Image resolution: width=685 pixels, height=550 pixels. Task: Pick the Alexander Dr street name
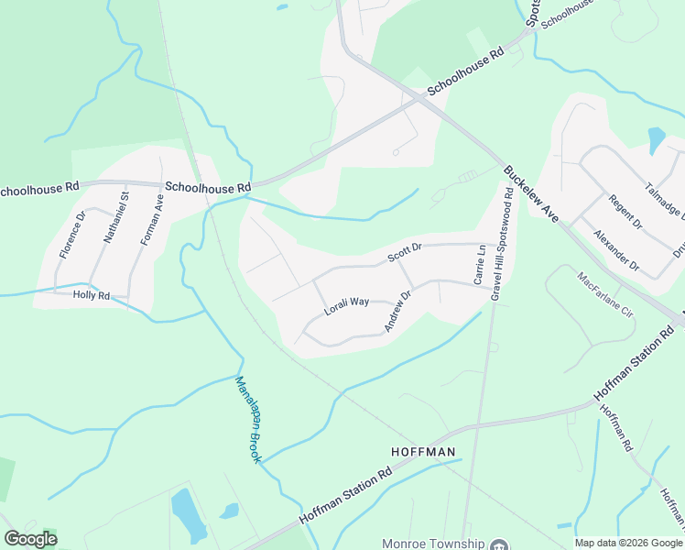point(614,250)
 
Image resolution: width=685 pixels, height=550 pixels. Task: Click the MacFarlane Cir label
point(606,293)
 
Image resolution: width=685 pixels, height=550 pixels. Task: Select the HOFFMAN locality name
point(423,452)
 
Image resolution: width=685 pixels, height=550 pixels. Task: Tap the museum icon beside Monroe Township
point(499,544)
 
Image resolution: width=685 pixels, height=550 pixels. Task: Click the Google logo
point(30,539)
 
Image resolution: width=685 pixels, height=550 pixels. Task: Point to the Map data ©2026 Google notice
point(627,543)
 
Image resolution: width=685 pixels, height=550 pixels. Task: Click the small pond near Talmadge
point(657,139)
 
